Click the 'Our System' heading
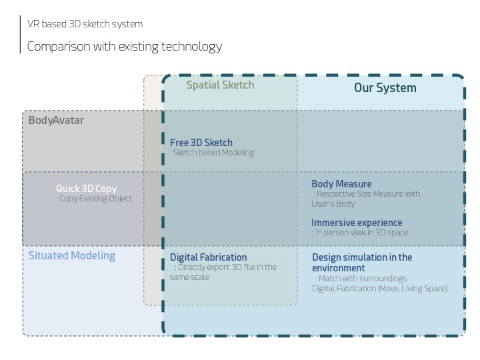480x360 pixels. [x=385, y=88]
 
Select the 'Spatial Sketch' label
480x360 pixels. [x=220, y=85]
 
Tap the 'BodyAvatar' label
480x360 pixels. [x=56, y=121]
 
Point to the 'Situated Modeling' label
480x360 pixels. [x=71, y=256]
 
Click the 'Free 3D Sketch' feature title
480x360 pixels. [x=201, y=143]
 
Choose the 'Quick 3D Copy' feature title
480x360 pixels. [x=87, y=189]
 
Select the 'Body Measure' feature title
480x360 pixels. [x=341, y=184]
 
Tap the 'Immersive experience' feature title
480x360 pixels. [x=357, y=223]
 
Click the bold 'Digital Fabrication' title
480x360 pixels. [x=208, y=257]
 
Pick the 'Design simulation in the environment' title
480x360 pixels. [x=362, y=263]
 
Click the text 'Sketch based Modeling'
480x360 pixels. [x=213, y=153]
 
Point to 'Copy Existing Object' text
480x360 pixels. [x=95, y=199]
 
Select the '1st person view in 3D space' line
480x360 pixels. [x=361, y=233]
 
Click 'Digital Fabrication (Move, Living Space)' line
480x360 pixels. [x=379, y=289]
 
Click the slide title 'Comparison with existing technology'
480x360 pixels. [x=125, y=47]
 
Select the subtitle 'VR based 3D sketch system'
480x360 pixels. [x=85, y=24]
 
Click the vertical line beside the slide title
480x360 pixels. [x=21, y=35]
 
